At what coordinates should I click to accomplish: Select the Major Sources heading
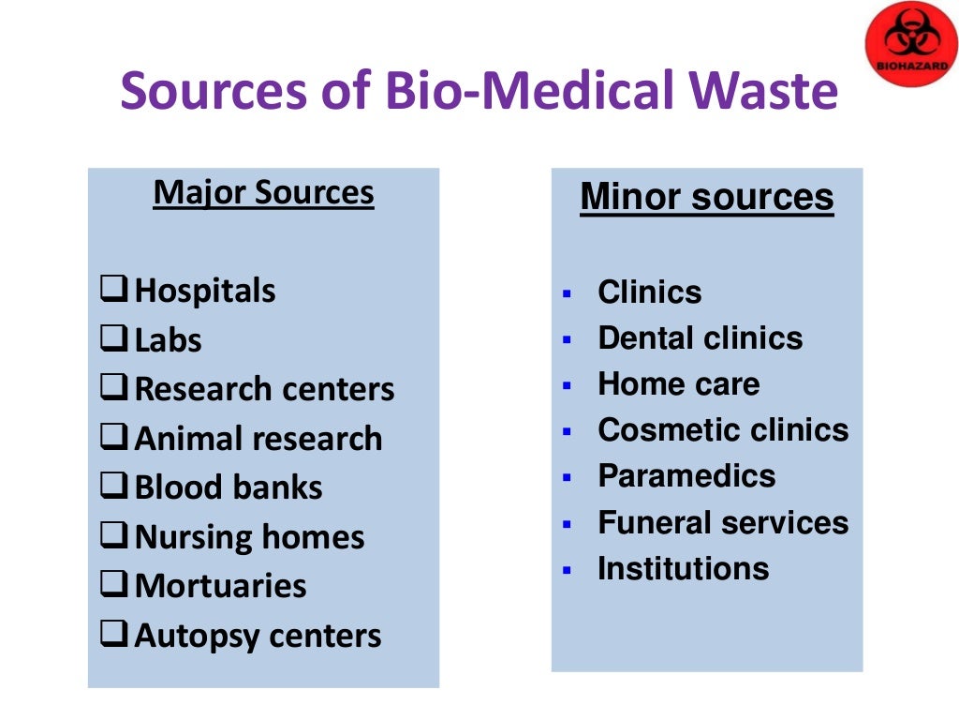[x=263, y=193]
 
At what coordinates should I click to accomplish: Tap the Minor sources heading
[x=706, y=198]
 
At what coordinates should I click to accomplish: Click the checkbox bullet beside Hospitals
[x=114, y=291]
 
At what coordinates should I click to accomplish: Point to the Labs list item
[x=168, y=340]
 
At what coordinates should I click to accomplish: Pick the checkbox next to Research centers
[x=114, y=389]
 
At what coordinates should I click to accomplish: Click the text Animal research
[x=258, y=439]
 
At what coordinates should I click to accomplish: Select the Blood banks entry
[x=229, y=487]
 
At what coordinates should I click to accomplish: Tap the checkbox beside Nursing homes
[x=114, y=537]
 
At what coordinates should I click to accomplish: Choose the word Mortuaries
[x=220, y=586]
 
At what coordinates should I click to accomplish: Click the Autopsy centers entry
[x=258, y=636]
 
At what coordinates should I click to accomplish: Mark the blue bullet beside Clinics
[x=566, y=293]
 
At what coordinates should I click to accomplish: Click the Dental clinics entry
[x=700, y=338]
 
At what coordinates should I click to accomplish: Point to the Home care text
[x=678, y=384]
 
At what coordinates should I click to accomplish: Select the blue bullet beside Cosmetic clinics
[x=566, y=432]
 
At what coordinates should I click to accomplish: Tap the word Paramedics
[x=686, y=476]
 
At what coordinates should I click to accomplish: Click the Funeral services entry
[x=723, y=522]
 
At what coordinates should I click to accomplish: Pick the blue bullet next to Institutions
[x=566, y=570]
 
